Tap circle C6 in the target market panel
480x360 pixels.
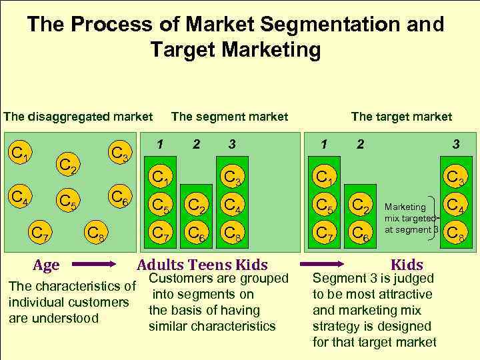tap(360, 233)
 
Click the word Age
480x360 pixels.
tap(46, 265)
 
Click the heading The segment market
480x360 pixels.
tap(229, 117)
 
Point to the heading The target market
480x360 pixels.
tap(401, 117)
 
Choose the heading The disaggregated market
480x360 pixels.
tap(78, 117)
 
